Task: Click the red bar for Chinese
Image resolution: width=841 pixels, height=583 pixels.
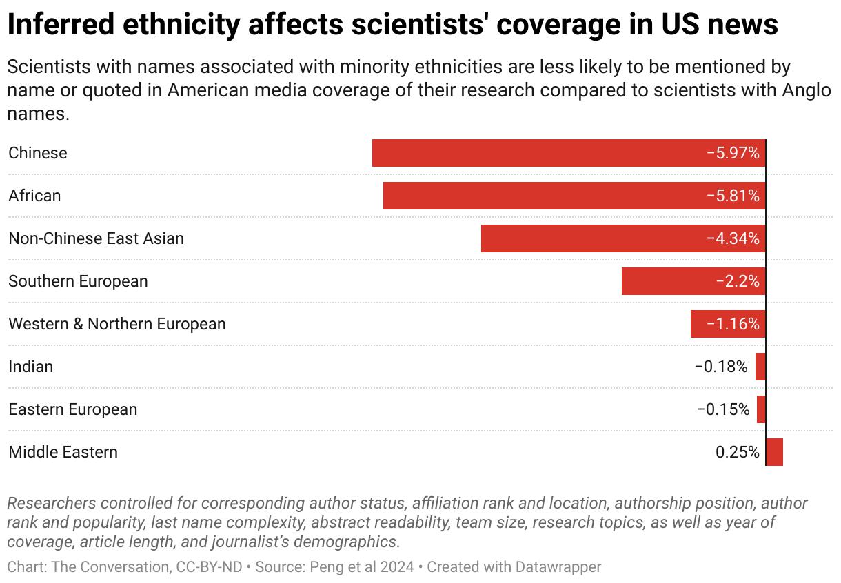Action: [x=538, y=153]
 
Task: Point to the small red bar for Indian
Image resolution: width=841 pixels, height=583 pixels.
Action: [x=760, y=367]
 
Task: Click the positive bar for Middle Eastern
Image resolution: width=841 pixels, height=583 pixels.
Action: [x=775, y=452]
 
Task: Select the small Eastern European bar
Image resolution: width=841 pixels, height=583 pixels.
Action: [x=761, y=409]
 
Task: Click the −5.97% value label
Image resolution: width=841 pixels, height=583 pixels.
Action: [x=733, y=153]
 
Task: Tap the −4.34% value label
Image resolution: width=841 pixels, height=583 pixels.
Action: [x=733, y=238]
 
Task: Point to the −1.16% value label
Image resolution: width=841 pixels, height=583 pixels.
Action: [x=733, y=324]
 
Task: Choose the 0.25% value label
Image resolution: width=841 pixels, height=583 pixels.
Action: [x=738, y=452]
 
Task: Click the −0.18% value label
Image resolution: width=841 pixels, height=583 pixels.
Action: [x=721, y=367]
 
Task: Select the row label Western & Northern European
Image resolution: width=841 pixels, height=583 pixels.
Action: [x=117, y=324]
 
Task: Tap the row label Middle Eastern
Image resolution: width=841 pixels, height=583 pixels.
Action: [x=63, y=452]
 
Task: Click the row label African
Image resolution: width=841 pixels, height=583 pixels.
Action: [x=34, y=196]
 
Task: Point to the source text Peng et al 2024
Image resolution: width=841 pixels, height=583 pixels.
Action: [x=363, y=567]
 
